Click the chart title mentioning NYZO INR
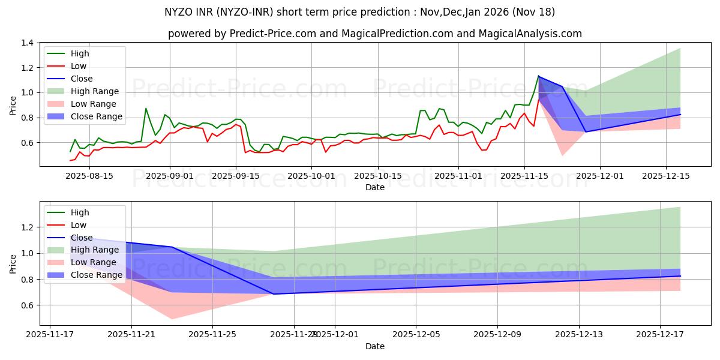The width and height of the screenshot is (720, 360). pos(359,12)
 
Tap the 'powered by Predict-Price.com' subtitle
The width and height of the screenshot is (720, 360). pos(374,34)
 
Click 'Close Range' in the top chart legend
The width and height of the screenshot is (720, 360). pos(96,116)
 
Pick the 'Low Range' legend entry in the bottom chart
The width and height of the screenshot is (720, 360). pos(94,262)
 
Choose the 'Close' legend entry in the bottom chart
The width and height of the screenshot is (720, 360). pos(82,238)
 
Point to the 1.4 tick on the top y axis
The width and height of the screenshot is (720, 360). pos(26,43)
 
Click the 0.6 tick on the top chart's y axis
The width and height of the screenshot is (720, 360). pos(26,143)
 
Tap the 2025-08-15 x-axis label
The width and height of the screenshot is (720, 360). pos(89,176)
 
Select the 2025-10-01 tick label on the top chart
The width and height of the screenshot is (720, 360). pos(311,176)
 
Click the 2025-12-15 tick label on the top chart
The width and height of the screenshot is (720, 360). pos(666,176)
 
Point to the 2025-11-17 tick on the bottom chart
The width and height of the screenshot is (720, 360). pos(50,335)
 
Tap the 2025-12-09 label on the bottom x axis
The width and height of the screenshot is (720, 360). pos(497,335)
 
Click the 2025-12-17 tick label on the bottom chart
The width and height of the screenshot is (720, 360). pos(660,335)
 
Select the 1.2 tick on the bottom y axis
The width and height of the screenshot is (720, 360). pos(26,227)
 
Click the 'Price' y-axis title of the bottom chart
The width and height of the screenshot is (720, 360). pos(13,263)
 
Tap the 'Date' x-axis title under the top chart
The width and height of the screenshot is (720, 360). pos(375,187)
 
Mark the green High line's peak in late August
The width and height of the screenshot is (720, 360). pos(146,109)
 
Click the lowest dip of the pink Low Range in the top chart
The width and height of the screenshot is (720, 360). pos(562,156)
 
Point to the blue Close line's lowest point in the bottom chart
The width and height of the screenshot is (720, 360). pos(274,294)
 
